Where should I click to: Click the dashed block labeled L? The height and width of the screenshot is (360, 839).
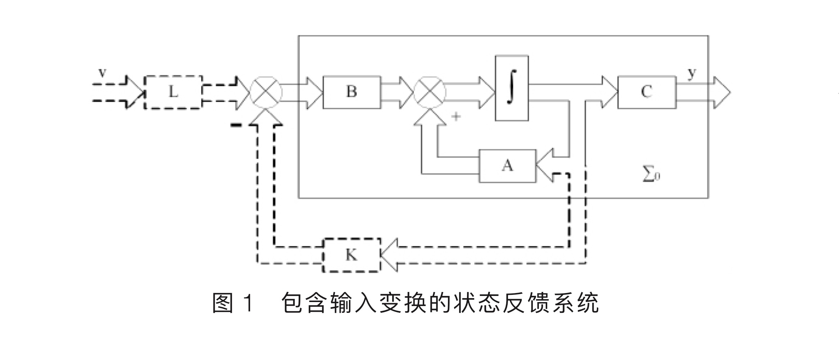[x=173, y=93]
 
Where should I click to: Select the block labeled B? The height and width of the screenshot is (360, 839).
[x=352, y=92]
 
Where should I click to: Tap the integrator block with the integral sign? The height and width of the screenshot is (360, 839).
[x=512, y=88]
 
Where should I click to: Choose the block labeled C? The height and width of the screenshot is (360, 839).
[x=647, y=92]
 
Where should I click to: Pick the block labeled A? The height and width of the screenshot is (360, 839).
[x=507, y=166]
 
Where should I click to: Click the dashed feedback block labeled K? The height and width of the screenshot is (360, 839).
[x=351, y=255]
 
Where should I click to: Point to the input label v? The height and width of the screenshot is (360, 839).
[x=103, y=73]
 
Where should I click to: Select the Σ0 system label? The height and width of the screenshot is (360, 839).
[x=651, y=175]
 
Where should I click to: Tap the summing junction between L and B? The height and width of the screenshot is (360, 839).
[x=266, y=92]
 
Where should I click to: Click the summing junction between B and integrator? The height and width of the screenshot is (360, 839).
[x=430, y=92]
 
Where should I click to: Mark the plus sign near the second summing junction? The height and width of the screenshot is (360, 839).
[x=456, y=116]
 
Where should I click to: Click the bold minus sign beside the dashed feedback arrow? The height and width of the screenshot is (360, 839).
[x=236, y=125]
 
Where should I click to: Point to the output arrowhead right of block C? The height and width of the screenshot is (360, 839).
[x=721, y=92]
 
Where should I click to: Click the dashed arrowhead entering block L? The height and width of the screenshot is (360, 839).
[x=136, y=92]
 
